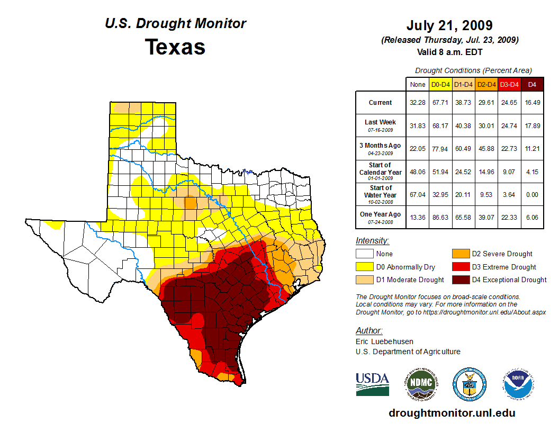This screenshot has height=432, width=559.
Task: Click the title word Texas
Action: [175, 47]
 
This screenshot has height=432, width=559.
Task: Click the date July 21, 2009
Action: [449, 25]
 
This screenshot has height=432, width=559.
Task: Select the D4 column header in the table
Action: [532, 84]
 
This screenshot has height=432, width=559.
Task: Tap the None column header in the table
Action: [417, 84]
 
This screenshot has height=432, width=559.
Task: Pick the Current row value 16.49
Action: [532, 103]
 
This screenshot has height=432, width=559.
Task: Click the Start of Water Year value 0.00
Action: [532, 194]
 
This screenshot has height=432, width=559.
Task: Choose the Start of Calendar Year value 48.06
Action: [417, 172]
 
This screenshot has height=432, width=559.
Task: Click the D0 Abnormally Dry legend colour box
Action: [364, 267]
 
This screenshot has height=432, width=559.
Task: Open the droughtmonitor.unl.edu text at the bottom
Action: [452, 413]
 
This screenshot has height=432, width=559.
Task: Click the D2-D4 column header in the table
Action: [486, 84]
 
